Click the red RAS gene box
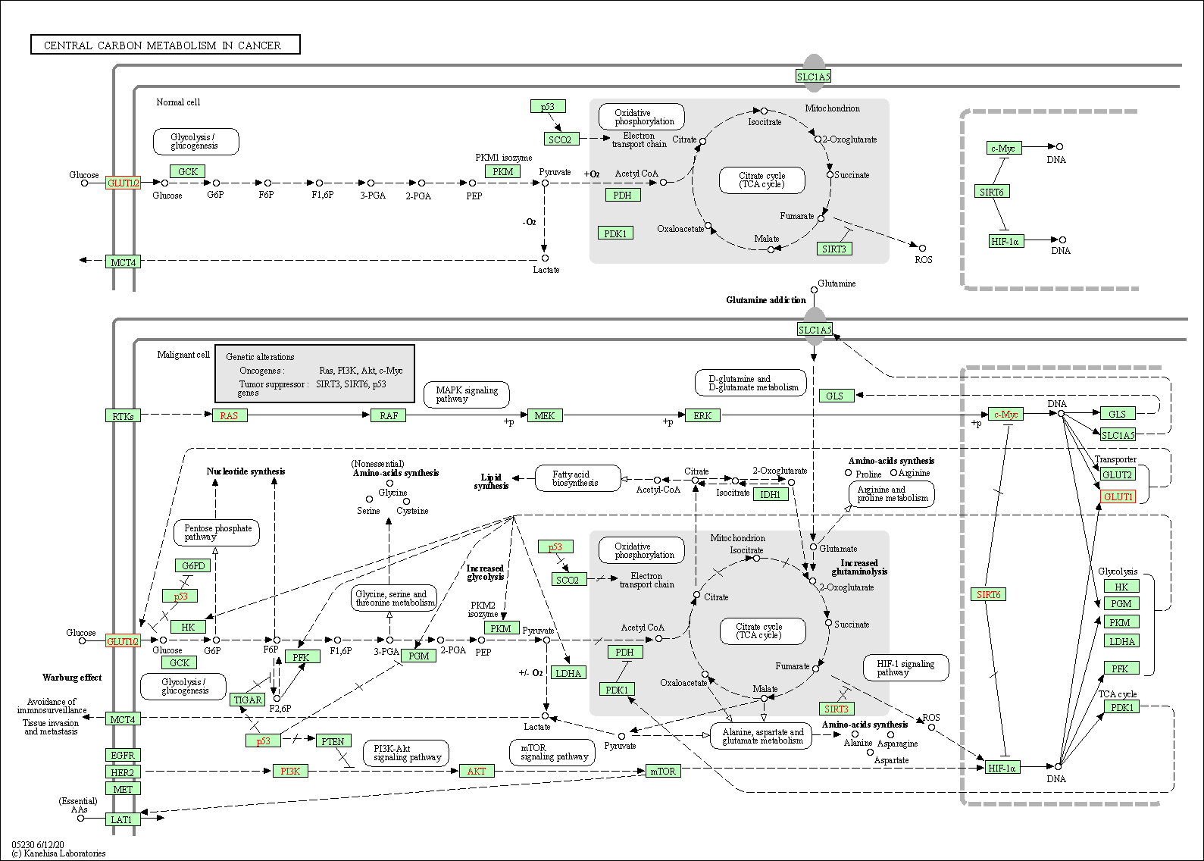coord(229,415)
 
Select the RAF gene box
coord(389,415)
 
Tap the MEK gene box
coord(545,415)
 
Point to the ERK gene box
coord(702,415)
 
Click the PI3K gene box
coord(290,771)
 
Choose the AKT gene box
coord(477,771)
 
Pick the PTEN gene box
coord(333,741)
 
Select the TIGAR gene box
coord(248,700)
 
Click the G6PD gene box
coord(193,565)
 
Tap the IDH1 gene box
coord(770,494)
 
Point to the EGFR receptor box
coord(123,755)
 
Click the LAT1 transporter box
coord(121,819)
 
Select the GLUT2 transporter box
coord(1117,474)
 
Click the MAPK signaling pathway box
coord(467,394)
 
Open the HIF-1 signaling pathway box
coord(905,668)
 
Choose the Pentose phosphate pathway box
coord(217,532)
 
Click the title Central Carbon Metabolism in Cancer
coord(165,45)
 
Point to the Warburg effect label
coord(72,678)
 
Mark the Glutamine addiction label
coord(765,300)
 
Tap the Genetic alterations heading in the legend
coord(260,357)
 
